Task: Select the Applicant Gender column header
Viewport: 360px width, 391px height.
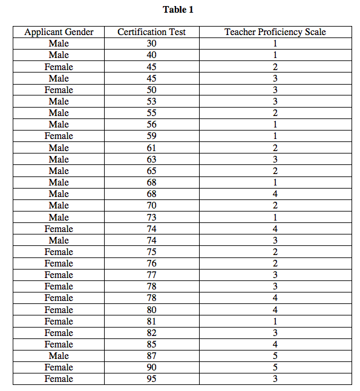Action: coord(59,32)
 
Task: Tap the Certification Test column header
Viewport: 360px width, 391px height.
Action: coord(151,32)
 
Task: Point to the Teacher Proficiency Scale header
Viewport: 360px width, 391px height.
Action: coord(275,32)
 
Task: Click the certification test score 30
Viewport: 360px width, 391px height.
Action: coord(151,44)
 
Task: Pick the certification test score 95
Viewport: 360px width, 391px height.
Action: coord(151,379)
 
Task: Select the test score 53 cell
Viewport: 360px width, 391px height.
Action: coord(151,102)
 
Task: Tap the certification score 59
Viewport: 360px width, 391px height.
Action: coord(151,136)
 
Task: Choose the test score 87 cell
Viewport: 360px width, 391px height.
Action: coord(151,356)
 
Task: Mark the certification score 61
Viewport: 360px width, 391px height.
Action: coord(151,147)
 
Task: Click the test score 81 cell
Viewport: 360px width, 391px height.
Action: coord(151,322)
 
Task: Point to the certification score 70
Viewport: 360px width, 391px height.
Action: coord(151,205)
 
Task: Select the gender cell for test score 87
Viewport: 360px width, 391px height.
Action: coord(59,356)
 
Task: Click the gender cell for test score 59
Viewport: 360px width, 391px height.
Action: coord(59,136)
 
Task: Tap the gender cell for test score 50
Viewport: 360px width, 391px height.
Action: coord(59,90)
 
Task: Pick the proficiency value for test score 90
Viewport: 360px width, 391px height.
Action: coord(275,367)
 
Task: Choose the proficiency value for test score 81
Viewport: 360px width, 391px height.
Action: coord(275,322)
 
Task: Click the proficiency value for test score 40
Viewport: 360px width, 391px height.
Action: coord(275,55)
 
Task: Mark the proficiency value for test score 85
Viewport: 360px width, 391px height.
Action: coord(275,344)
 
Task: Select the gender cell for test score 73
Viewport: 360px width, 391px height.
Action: coord(59,217)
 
